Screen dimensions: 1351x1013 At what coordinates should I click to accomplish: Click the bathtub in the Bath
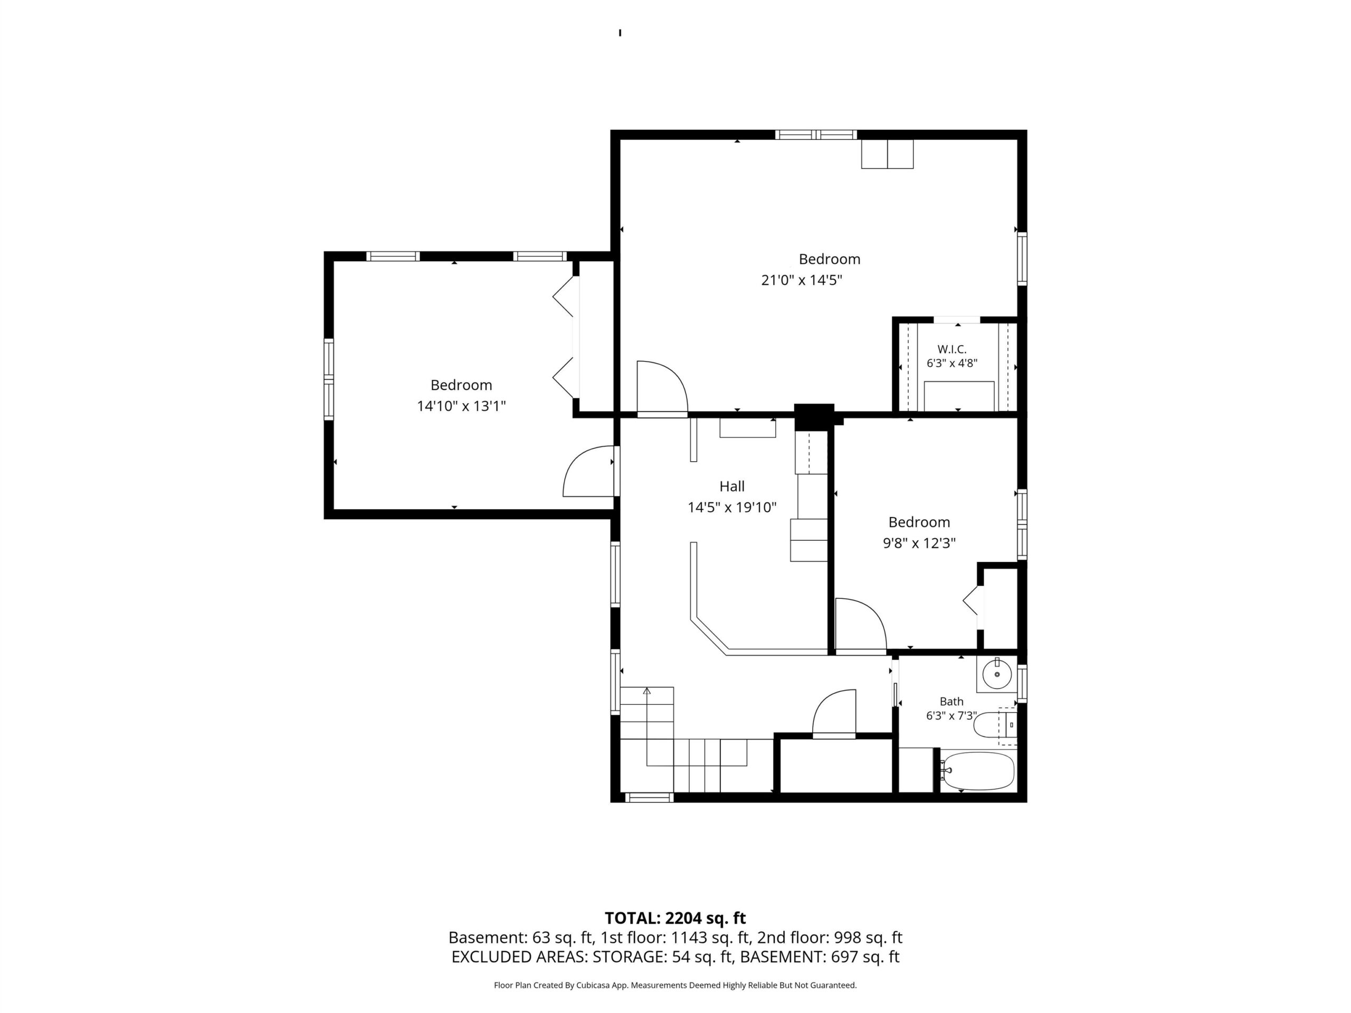977,771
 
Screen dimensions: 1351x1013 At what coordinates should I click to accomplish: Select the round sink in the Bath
997,675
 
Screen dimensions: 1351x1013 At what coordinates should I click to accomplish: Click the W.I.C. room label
952,349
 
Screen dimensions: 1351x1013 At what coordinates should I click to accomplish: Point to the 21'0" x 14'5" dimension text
801,280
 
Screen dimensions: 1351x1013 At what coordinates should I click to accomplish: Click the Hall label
731,486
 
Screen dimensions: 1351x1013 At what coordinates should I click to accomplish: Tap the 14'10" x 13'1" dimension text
461,406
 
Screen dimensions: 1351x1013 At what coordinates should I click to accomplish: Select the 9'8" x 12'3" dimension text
919,543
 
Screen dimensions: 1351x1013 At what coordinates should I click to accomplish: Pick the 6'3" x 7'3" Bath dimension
952,715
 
